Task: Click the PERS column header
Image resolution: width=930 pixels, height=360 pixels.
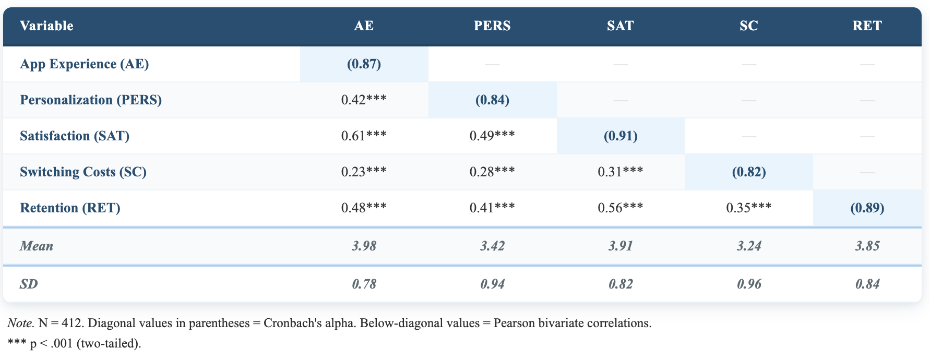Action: point(492,26)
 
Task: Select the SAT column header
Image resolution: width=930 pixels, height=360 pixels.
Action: point(620,26)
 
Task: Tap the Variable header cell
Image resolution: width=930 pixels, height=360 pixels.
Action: point(46,26)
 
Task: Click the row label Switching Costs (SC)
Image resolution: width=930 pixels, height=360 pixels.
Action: point(83,172)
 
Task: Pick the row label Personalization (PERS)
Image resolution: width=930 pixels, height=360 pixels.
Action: point(91,100)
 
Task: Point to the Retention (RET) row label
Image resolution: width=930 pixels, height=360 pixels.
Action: point(70,208)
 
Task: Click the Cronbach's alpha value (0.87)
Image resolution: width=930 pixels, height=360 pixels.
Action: point(364,64)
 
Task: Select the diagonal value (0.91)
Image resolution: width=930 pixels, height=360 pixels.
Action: point(621,136)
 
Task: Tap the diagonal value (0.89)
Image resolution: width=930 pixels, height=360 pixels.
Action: point(867,208)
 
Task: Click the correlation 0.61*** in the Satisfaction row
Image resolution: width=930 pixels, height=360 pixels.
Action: point(364,136)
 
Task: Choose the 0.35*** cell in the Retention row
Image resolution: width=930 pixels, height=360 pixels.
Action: point(748,208)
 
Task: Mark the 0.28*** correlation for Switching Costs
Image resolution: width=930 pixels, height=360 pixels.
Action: point(492,172)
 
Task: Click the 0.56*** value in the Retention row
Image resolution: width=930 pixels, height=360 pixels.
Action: point(620,208)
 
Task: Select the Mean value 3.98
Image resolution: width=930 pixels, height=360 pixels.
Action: point(364,246)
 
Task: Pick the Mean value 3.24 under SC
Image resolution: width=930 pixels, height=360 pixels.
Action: point(748,246)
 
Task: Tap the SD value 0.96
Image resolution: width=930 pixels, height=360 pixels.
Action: point(748,284)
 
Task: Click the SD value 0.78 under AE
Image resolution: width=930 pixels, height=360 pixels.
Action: point(364,284)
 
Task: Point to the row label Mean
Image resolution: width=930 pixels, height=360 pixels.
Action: point(37,246)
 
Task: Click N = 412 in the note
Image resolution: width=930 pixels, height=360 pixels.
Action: point(61,323)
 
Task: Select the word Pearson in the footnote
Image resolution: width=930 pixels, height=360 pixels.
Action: point(515,323)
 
